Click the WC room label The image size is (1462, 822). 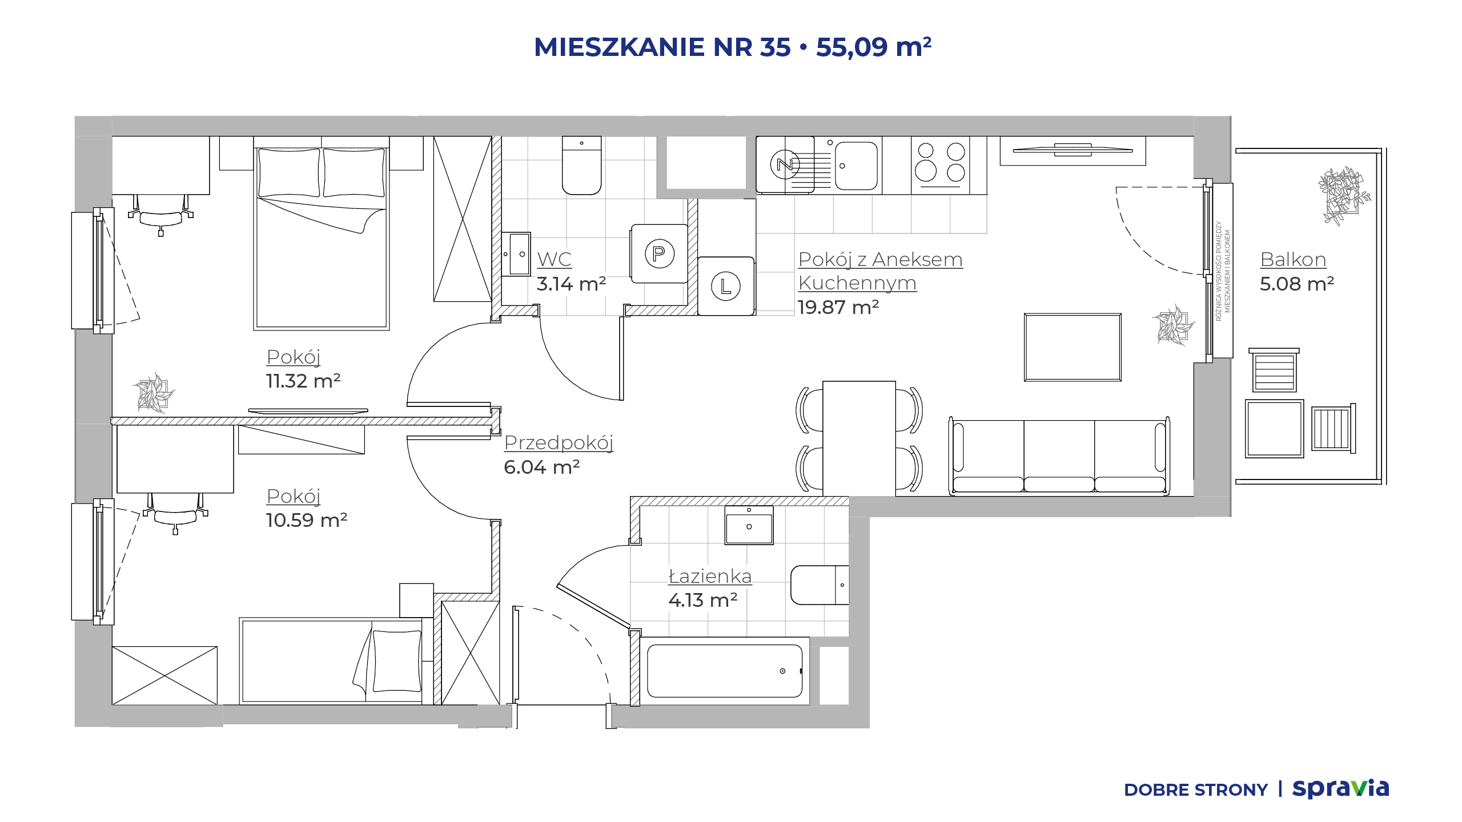[554, 259]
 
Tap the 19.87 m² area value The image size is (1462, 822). [838, 307]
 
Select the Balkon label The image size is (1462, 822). [1293, 259]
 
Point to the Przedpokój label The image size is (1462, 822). [559, 442]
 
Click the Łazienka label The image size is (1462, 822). [710, 576]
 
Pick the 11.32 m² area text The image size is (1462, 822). [303, 381]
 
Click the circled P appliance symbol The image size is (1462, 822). [660, 253]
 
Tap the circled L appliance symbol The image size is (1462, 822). [726, 286]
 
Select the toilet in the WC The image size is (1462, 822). [581, 166]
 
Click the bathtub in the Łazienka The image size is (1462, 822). [724, 671]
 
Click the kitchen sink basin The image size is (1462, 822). [856, 166]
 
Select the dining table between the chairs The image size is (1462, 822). [859, 438]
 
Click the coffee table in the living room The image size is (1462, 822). [1073, 347]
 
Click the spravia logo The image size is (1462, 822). [1340, 789]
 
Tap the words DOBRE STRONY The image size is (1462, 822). [1195, 790]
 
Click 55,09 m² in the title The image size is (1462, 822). [874, 47]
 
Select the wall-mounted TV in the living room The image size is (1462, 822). [1073, 150]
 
